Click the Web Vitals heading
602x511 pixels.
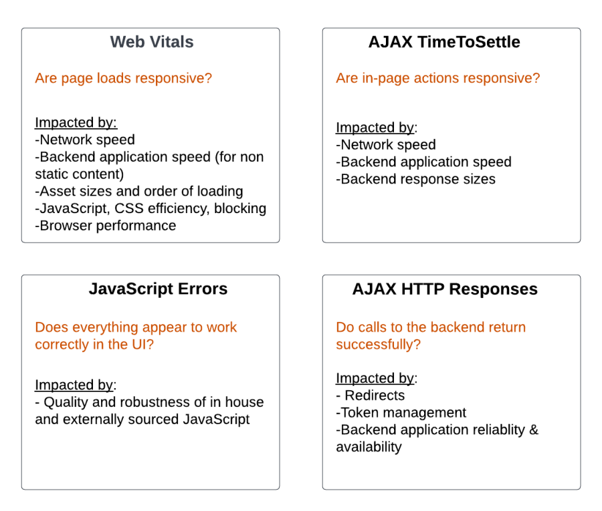[x=152, y=42]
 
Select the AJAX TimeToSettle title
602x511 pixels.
[x=444, y=42]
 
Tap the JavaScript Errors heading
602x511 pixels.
[x=158, y=289]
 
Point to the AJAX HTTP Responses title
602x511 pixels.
[x=445, y=289]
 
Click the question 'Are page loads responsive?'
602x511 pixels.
[x=124, y=78]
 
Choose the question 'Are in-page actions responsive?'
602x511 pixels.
[x=438, y=78]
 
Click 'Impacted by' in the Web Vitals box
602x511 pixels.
[x=76, y=122]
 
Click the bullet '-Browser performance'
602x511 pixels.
[x=106, y=226]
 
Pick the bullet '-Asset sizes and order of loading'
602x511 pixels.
[x=139, y=191]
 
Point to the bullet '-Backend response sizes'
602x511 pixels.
[x=416, y=179]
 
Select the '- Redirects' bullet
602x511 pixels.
[x=371, y=395]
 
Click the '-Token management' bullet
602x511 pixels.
[x=401, y=413]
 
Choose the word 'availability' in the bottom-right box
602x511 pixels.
[x=369, y=447]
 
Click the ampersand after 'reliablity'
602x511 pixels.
[x=533, y=430]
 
